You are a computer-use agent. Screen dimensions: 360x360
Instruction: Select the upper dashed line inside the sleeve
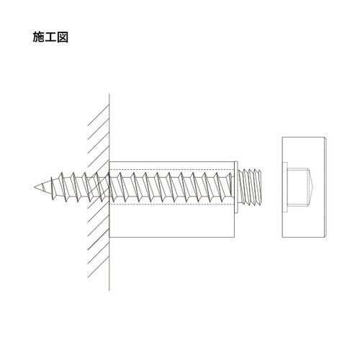[x=173, y=171]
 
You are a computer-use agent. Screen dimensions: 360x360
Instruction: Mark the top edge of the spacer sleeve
[x=173, y=162]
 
